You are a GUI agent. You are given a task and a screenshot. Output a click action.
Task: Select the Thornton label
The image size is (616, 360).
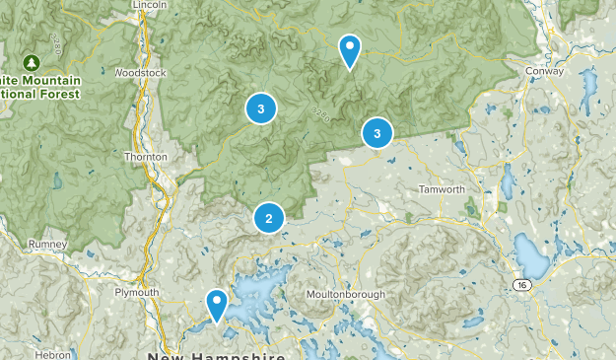click(147, 157)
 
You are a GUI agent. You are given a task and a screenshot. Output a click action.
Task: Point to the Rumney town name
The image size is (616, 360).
click(47, 244)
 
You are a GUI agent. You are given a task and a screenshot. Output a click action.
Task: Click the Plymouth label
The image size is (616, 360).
click(136, 292)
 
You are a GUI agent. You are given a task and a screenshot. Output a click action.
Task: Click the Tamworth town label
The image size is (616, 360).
click(441, 189)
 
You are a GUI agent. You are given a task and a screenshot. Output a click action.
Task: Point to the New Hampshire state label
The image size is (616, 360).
click(217, 355)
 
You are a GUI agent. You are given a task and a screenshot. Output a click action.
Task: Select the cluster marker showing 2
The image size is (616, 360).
click(268, 219)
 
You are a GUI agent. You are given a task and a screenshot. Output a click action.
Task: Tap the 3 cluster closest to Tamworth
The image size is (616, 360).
click(376, 132)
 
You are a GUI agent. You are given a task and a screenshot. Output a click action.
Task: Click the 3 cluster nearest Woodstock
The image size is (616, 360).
click(260, 109)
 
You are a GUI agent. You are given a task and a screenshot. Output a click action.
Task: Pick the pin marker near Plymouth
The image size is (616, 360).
click(216, 303)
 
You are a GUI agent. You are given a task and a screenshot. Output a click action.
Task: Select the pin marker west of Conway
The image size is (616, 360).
click(349, 49)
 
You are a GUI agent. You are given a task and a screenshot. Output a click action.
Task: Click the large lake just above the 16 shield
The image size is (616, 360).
click(532, 258)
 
